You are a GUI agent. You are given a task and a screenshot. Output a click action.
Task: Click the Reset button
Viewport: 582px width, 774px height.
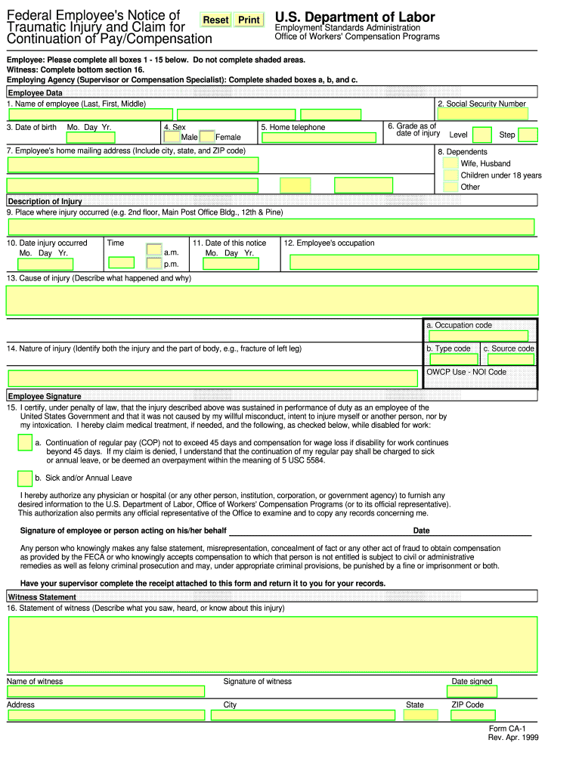215,20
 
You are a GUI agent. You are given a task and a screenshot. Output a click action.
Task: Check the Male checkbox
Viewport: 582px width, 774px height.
172,138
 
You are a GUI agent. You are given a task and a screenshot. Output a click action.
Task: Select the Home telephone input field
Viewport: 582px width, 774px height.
318,138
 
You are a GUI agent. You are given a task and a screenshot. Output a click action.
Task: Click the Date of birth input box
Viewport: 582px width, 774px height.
90,138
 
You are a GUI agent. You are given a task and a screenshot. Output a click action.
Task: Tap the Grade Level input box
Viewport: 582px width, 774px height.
481,135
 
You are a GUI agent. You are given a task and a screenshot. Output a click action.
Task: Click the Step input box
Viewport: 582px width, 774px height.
528,135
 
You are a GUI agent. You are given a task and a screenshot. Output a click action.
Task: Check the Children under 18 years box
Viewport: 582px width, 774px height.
450,175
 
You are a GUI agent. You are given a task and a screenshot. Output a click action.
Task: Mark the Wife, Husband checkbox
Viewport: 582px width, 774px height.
450,163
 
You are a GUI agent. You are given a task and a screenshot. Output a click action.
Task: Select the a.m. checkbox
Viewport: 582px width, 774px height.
154,249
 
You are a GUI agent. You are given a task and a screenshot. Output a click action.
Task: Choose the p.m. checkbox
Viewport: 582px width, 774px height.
154,264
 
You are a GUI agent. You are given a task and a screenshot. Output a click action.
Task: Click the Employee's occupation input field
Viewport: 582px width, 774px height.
414,262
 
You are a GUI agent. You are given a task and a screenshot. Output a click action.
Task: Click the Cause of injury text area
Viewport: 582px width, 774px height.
271,300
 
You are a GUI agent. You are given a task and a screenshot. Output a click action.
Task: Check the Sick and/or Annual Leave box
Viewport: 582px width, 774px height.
24,478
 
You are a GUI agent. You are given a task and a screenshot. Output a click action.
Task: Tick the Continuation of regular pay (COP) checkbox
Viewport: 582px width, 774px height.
24,443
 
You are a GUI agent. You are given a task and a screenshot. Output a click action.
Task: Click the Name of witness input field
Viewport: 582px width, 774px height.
106,691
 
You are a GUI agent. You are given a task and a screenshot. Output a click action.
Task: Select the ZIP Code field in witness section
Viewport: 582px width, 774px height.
472,714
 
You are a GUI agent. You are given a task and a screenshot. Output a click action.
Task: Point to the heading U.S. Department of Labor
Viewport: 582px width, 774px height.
354,17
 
